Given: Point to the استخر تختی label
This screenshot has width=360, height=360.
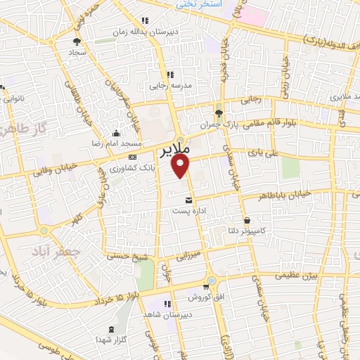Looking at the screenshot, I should pyautogui.click(x=200, y=4).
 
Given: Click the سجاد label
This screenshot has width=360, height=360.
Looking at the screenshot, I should pyautogui.click(x=76, y=53).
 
